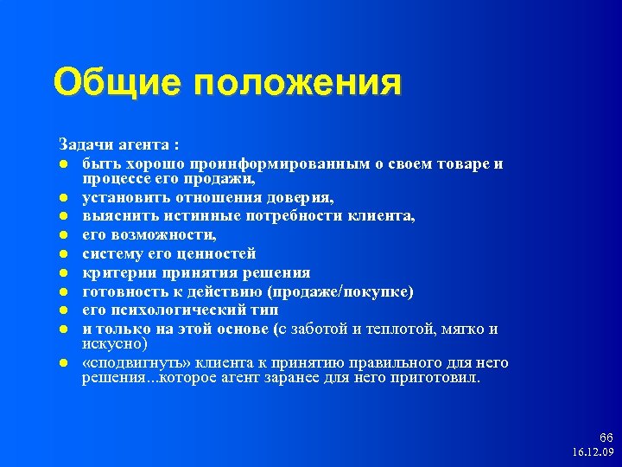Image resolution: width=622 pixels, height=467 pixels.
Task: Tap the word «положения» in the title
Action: (x=298, y=84)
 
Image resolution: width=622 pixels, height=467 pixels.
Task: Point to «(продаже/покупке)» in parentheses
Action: (x=340, y=291)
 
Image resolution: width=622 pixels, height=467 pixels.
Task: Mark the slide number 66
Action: (x=606, y=438)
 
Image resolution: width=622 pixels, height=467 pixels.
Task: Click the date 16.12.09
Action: (x=593, y=452)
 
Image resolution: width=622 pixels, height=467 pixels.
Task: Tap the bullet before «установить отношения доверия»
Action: (x=64, y=199)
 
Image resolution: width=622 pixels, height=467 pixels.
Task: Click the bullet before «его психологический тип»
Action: (x=64, y=310)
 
